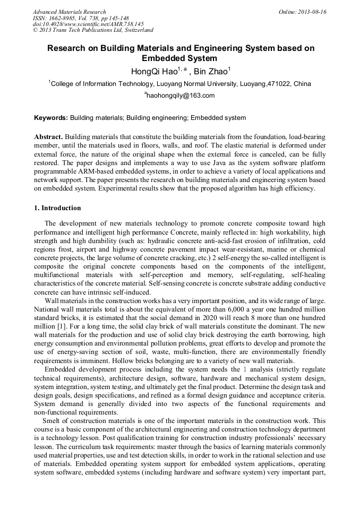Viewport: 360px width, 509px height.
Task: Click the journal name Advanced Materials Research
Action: (x=69, y=12)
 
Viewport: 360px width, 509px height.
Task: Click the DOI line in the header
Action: (x=88, y=24)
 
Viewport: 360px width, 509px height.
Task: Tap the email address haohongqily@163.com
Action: (x=181, y=96)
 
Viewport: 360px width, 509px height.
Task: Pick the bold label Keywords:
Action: (x=51, y=118)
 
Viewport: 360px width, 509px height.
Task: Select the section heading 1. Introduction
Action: (x=57, y=208)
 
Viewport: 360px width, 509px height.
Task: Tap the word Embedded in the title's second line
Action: (x=165, y=58)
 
